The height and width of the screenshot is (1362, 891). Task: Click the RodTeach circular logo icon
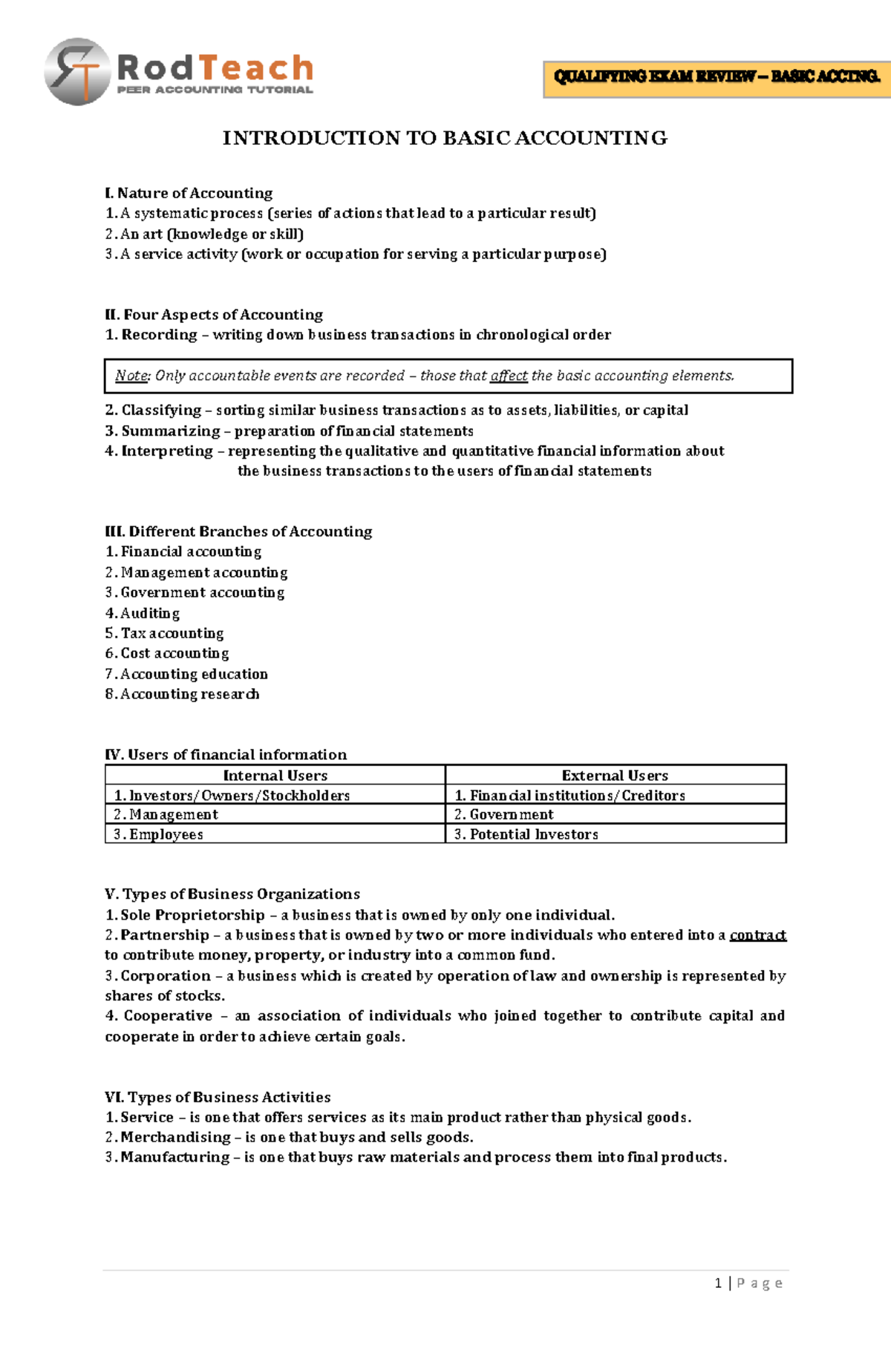coord(77,72)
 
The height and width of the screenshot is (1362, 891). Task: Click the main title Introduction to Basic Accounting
coord(445,138)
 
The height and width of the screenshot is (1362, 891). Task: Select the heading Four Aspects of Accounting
coord(214,315)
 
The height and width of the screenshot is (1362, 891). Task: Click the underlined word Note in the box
coord(131,376)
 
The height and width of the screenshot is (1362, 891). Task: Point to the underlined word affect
coord(509,376)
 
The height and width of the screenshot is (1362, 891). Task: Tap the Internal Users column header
coord(275,776)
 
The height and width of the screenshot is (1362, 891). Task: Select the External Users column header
coord(615,776)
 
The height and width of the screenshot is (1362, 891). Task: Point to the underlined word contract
coord(757,935)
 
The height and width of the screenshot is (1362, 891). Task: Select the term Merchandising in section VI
coord(175,1137)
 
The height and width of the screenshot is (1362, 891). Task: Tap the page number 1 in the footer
coord(718,1283)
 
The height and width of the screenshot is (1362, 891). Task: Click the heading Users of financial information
coord(226,755)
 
